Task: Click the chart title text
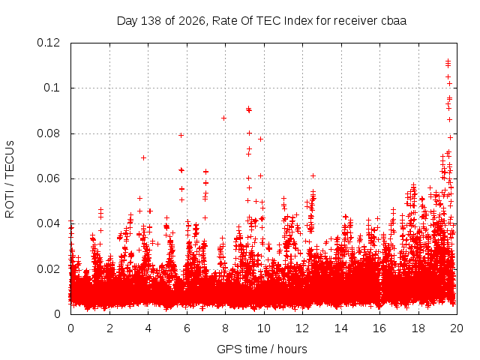tap(262, 21)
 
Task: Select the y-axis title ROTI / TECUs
tap(10, 179)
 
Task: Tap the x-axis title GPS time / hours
tap(262, 349)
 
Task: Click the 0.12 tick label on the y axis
tap(48, 43)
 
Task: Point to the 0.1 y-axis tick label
tap(52, 88)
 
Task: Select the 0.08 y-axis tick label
tap(48, 133)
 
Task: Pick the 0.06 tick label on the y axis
tap(48, 178)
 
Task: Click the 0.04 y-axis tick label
tap(48, 223)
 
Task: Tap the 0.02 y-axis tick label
tap(48, 269)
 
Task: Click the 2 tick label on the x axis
tap(109, 328)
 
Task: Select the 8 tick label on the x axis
tap(225, 328)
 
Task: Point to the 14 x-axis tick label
tap(341, 328)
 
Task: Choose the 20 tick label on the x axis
tap(457, 328)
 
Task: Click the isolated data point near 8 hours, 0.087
tap(223, 118)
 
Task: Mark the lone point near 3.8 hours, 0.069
tap(143, 158)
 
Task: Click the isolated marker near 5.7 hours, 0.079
tap(181, 135)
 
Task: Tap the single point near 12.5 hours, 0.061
tap(313, 175)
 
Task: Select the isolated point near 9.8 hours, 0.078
tap(260, 139)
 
